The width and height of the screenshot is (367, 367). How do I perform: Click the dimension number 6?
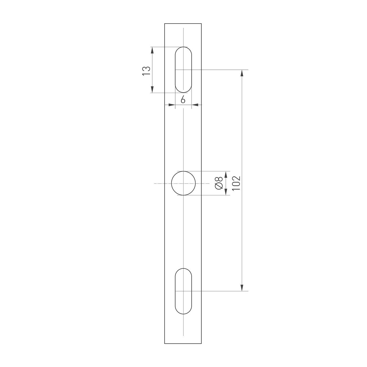coord(183,100)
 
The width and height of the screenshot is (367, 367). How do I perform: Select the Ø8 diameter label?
coord(219,183)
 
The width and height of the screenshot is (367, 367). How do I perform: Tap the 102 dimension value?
coord(236,183)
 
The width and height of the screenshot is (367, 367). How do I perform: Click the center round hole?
coord(183,183)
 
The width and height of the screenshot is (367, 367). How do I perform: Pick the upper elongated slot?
coord(183,70)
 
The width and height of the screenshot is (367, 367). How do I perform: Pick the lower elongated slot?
coord(183,291)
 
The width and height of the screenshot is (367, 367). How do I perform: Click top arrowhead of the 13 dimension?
coord(152,50)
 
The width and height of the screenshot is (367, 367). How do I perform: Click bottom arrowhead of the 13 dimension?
coord(152,90)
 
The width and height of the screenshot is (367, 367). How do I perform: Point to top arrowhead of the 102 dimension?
coord(242,73)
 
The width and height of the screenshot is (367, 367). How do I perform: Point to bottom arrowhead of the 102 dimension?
coord(242,288)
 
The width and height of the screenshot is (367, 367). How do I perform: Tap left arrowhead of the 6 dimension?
coord(172,105)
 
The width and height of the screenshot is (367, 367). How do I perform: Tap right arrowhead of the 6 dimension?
coord(195,105)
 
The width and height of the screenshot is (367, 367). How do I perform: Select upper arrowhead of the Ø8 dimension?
coord(225,174)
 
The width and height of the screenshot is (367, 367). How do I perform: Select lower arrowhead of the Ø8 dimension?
coord(225,192)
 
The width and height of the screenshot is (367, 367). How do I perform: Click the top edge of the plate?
coord(183,24)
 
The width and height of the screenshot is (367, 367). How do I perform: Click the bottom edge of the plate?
coord(183,343)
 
